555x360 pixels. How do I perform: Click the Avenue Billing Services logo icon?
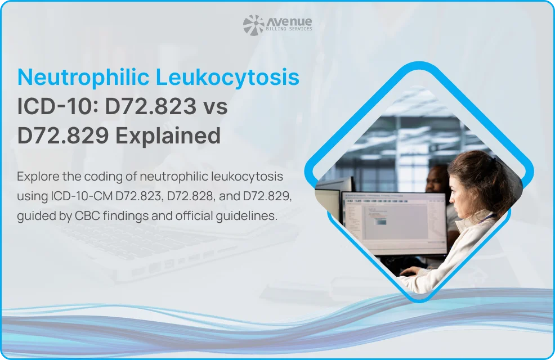pyautogui.click(x=253, y=25)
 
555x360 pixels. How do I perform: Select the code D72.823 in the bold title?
pyautogui.click(x=150, y=106)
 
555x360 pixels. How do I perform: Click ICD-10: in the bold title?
pyautogui.click(x=58, y=106)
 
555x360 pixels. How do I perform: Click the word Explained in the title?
pyautogui.click(x=168, y=136)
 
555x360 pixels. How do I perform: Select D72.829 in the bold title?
pyautogui.click(x=63, y=136)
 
